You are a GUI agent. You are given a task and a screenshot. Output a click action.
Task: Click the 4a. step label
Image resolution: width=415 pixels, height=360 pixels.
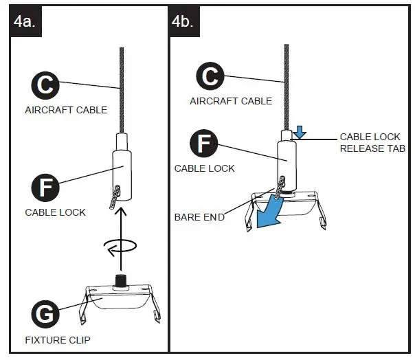27,23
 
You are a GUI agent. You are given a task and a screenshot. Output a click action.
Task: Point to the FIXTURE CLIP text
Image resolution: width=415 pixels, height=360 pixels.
57,339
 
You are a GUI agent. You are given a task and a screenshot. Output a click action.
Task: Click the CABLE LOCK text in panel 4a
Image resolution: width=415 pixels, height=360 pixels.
56,212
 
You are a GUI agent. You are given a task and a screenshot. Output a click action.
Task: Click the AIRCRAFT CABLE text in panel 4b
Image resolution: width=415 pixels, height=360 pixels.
231,101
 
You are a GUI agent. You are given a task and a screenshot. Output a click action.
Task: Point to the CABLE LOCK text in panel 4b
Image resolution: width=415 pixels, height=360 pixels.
205,168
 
